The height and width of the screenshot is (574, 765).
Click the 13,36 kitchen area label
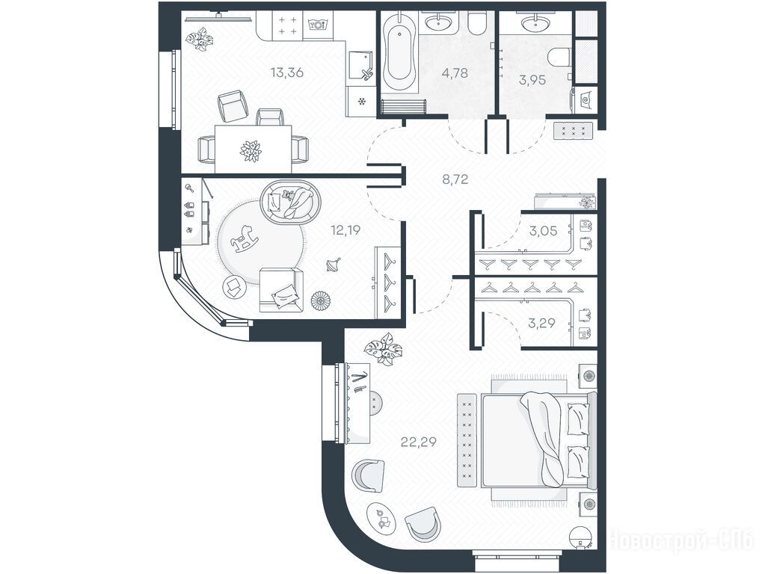click(x=287, y=72)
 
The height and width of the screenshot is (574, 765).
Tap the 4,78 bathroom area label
click(x=454, y=73)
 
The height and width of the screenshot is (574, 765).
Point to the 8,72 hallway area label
click(x=455, y=179)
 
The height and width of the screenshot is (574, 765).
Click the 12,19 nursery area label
click(x=345, y=229)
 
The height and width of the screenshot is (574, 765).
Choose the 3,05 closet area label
click(x=543, y=231)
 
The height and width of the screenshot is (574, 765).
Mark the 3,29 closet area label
click(x=541, y=322)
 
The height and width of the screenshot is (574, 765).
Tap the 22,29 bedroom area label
click(x=419, y=442)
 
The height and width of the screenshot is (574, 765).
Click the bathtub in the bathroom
click(x=399, y=53)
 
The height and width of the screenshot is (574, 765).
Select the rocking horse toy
click(x=245, y=238)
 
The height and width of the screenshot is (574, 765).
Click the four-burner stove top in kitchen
click(x=287, y=25)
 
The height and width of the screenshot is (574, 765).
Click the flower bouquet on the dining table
click(x=251, y=151)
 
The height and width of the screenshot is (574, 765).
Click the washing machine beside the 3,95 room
click(x=585, y=101)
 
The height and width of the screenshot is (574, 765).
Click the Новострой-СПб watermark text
click(x=681, y=540)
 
